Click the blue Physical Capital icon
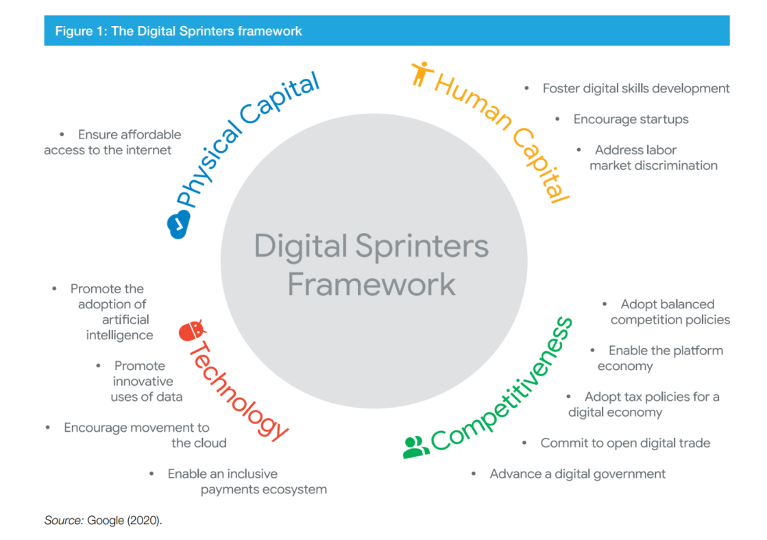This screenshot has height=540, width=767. click(178, 225)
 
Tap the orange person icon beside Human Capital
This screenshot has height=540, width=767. click(422, 74)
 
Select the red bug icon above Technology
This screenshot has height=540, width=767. click(192, 331)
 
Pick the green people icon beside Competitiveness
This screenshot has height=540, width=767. click(416, 447)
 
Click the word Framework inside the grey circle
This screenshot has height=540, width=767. click(372, 284)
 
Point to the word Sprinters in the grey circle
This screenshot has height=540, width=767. click(422, 247)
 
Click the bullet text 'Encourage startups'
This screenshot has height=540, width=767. click(631, 119)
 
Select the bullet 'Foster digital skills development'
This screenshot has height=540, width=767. click(636, 88)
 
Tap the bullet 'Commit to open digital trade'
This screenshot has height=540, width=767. click(625, 443)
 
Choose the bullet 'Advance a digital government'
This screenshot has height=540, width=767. click(578, 474)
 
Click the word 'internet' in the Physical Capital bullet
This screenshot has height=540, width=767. click(149, 150)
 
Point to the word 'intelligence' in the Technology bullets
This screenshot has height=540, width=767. click(120, 336)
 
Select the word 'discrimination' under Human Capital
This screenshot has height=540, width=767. click(677, 166)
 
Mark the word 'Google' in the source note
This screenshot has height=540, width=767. click(106, 520)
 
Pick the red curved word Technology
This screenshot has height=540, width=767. click(236, 391)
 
